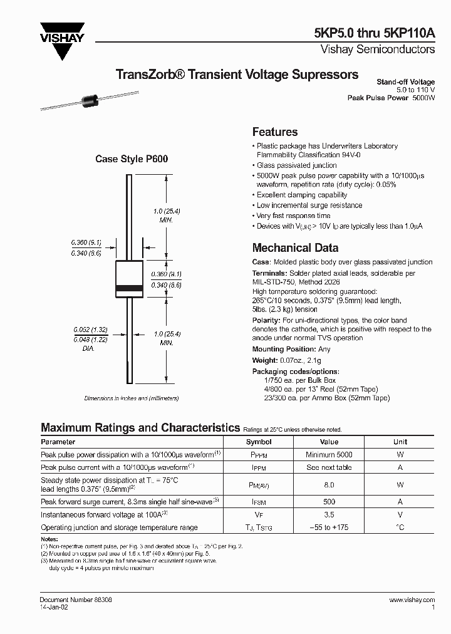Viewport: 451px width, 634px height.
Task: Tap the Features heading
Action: pyautogui.click(x=274, y=132)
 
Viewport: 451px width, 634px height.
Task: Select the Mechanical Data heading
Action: pyautogui.click(x=295, y=247)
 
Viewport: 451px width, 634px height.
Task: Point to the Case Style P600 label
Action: pyautogui.click(x=132, y=159)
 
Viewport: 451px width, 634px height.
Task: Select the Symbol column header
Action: pyautogui.click(x=259, y=442)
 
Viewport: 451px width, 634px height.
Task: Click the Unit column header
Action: pyautogui.click(x=400, y=442)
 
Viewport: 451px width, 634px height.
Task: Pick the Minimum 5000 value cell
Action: pyautogui.click(x=329, y=455)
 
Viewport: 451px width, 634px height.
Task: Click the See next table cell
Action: pyautogui.click(x=329, y=468)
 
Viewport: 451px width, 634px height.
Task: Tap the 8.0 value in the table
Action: pyautogui.click(x=329, y=485)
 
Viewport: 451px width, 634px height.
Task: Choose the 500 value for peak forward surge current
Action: pyautogui.click(x=329, y=502)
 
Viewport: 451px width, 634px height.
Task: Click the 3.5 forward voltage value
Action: pyautogui.click(x=329, y=514)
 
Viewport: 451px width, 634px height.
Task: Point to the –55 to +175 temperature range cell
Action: pyautogui.click(x=329, y=527)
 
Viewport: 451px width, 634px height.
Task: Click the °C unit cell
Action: pyautogui.click(x=400, y=527)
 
